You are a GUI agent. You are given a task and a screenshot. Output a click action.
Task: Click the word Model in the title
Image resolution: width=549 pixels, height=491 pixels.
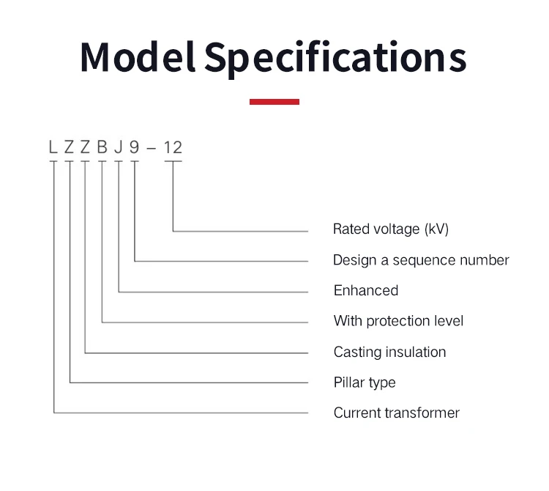coord(137,56)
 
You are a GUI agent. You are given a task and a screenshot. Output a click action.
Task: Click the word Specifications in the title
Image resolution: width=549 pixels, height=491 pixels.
coord(335,56)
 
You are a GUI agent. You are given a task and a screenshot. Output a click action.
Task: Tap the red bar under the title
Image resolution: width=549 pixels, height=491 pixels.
coord(274,102)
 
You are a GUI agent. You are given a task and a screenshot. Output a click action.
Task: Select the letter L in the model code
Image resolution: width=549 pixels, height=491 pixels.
coord(53,147)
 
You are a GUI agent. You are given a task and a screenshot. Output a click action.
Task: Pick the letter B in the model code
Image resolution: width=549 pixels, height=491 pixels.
coord(102,147)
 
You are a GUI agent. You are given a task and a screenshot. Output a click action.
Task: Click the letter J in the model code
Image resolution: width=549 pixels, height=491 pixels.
coord(118,147)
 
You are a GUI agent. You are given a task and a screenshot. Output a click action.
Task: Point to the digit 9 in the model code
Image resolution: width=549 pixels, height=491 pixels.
coord(134,147)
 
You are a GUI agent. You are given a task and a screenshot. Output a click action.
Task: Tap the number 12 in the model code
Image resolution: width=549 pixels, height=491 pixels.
coord(173,147)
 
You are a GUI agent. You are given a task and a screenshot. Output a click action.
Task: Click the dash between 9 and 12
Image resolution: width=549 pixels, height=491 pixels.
coord(152,148)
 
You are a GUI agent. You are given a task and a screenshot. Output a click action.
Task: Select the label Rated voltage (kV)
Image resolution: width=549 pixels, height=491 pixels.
coord(390,229)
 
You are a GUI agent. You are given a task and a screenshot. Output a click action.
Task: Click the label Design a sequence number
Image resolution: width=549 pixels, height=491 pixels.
coord(421,259)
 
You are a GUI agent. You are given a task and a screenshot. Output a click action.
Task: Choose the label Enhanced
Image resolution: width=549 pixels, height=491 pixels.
coord(366,290)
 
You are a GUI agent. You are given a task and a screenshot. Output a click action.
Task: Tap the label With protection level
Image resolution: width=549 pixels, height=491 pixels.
coord(398,321)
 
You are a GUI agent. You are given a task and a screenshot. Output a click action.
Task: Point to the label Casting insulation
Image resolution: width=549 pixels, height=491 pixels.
coord(389,352)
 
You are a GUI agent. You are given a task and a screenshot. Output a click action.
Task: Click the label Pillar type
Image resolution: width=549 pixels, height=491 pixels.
coord(365,383)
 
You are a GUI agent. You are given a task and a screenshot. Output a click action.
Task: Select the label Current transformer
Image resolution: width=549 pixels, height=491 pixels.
coord(397,413)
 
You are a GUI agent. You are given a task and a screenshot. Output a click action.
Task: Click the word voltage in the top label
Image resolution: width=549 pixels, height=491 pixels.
coord(395,229)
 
